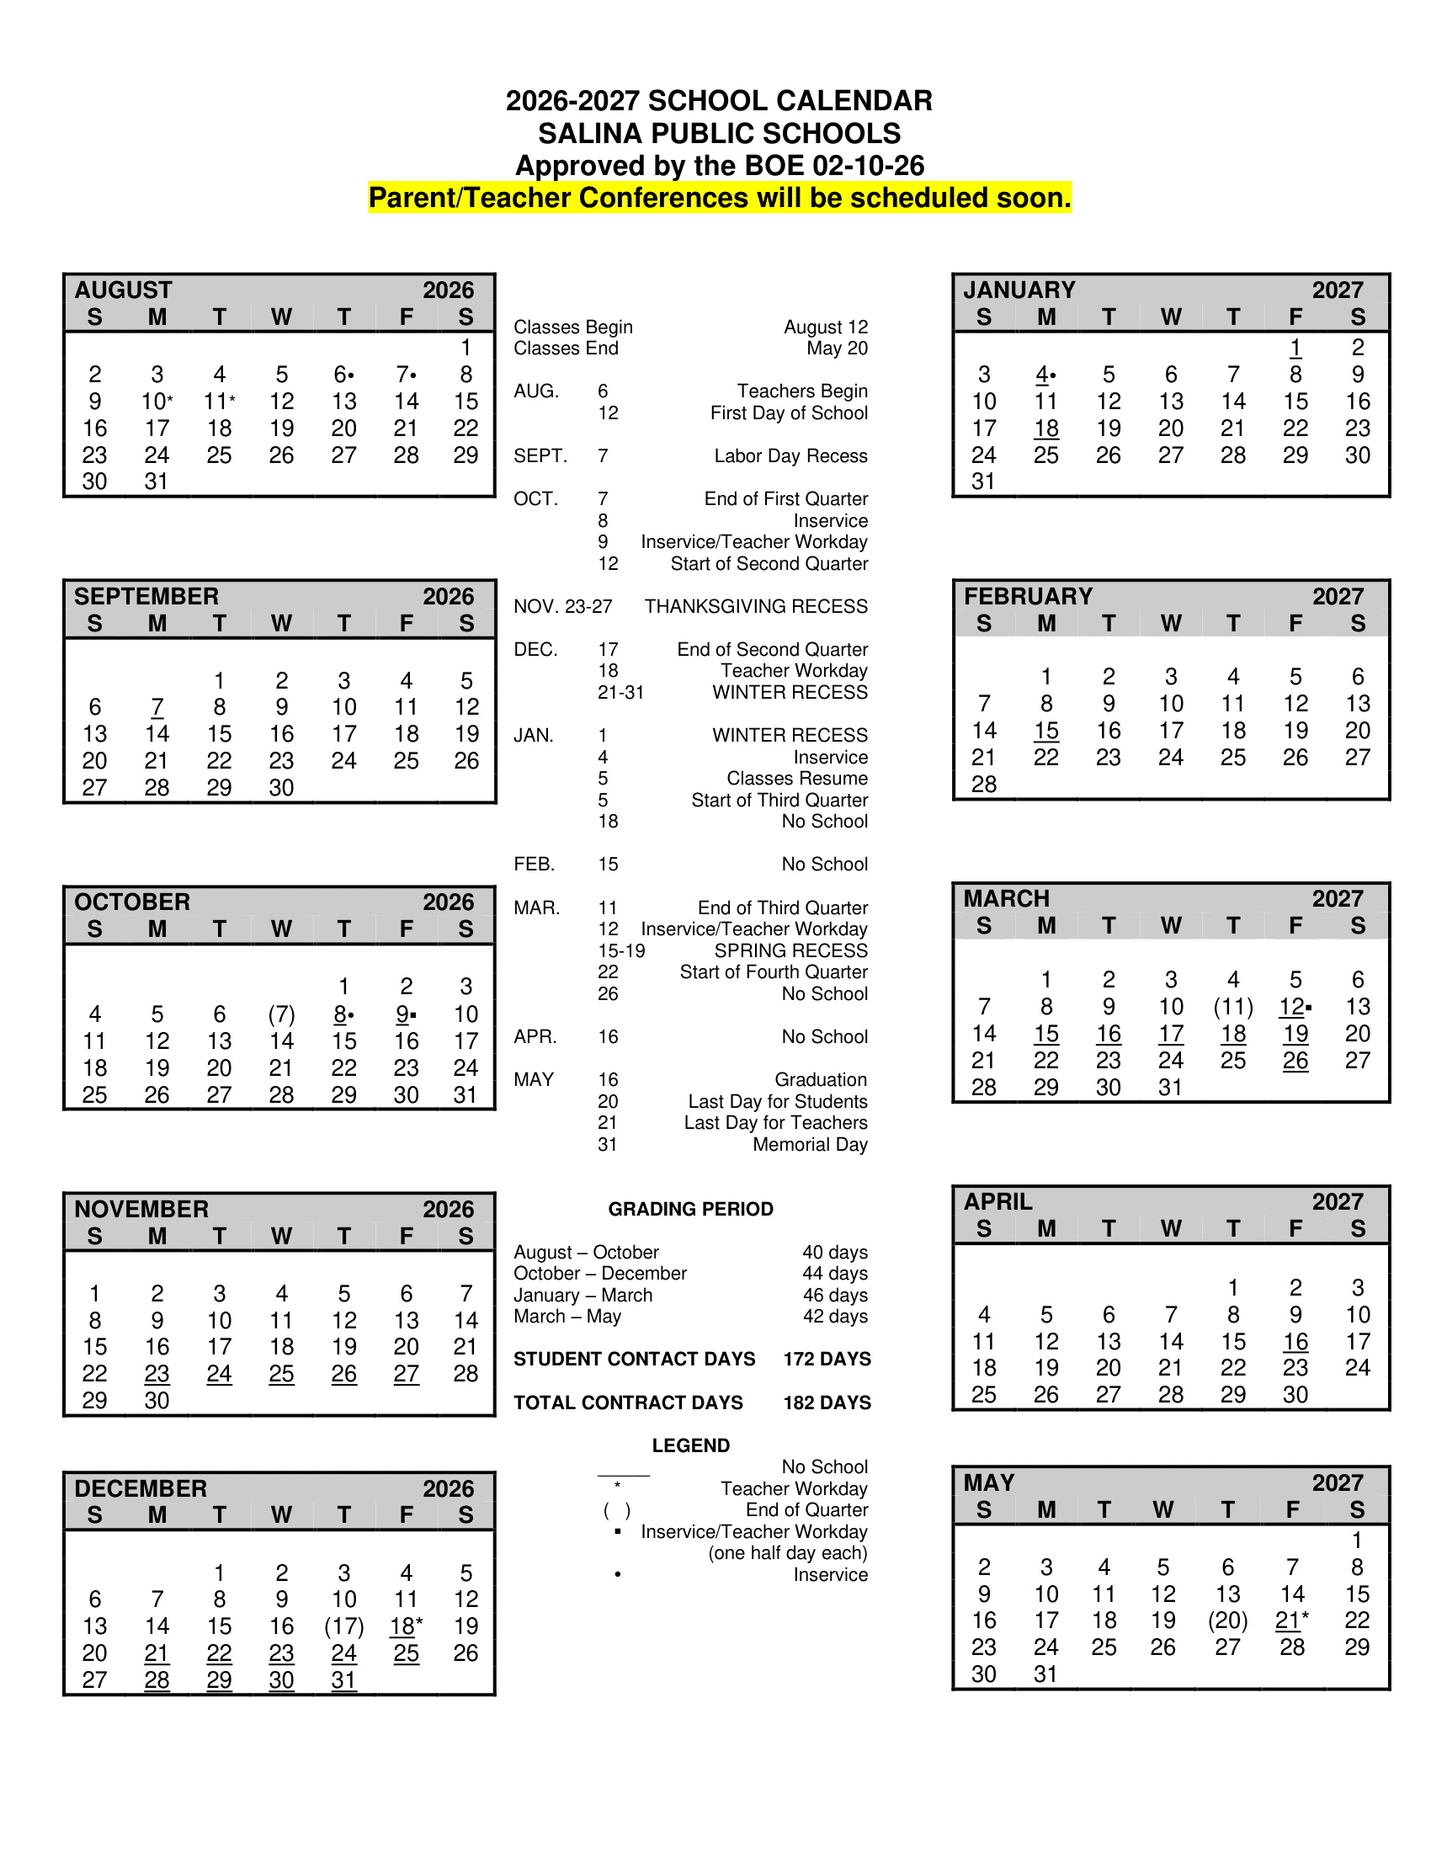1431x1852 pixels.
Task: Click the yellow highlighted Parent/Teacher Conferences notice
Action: point(719,198)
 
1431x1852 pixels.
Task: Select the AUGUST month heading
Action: point(123,290)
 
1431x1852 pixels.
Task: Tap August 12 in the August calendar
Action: point(281,401)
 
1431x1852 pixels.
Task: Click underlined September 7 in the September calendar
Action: point(157,707)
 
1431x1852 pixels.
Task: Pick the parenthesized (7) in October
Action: point(281,1014)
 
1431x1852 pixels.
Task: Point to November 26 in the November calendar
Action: point(343,1374)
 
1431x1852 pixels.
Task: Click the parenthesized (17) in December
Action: point(343,1626)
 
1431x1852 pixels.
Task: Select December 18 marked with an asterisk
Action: point(405,1626)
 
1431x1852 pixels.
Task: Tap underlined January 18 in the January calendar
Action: point(1046,428)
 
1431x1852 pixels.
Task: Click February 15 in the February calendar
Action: point(1046,731)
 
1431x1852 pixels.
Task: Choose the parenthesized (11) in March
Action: point(1232,1007)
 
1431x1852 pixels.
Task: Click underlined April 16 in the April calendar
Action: point(1295,1342)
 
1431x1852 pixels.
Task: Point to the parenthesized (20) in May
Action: point(1227,1620)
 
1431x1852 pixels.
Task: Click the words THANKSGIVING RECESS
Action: point(755,606)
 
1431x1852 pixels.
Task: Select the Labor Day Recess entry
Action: point(790,456)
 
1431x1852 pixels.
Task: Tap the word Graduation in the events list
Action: point(821,1079)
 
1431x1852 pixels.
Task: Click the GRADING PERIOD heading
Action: point(690,1209)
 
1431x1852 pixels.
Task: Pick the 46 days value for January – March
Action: point(834,1295)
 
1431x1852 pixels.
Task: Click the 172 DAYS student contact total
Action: point(827,1360)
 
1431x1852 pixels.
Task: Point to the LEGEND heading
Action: point(690,1445)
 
